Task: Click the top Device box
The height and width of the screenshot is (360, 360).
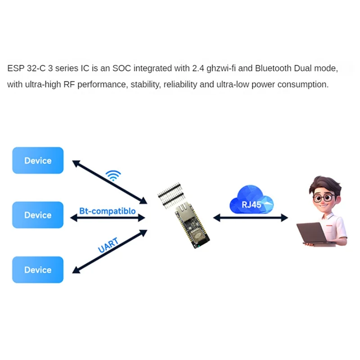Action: point(38,161)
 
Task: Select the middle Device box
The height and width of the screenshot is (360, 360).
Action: point(38,215)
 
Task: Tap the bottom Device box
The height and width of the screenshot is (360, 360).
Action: point(38,270)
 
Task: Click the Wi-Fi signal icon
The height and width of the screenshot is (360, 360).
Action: point(113,175)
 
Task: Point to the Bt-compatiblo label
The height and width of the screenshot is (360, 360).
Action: point(107,211)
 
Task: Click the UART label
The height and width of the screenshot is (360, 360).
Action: point(108,245)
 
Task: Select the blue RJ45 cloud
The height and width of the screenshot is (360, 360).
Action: point(251,201)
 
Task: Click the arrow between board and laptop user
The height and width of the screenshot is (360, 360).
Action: point(250,218)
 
